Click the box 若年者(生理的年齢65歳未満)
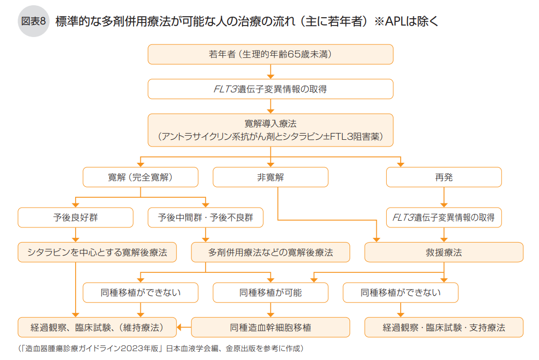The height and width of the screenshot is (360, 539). pos(270,54)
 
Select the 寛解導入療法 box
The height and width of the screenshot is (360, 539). pos(270,130)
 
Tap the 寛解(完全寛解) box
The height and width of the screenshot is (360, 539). pos(140,177)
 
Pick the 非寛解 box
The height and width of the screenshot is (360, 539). pos(270,177)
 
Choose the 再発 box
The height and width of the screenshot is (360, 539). pos(444,177)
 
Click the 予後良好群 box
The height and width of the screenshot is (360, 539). pos(75,218)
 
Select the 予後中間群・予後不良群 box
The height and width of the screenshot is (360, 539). pos(205,218)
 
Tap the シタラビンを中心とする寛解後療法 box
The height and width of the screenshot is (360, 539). pos(97,253)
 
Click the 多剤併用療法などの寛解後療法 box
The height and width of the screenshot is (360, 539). pos(270,253)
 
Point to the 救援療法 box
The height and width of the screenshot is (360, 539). pos(444,253)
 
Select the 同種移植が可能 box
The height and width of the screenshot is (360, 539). pos(270,293)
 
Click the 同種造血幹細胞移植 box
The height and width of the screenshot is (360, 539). pos(270,328)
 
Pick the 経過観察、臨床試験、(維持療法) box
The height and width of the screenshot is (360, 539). pos(97,328)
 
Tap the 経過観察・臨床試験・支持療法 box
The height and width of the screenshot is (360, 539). pos(444,328)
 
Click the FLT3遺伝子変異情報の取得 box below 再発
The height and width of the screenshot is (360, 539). pos(444,218)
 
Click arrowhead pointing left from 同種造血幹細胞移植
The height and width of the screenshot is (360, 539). pos(179,328)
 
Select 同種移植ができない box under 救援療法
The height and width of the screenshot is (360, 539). pos(400,293)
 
